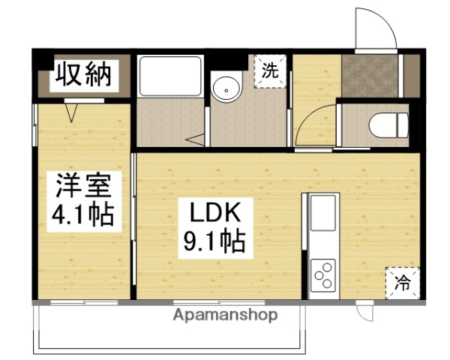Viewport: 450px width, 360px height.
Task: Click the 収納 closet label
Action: [x=82, y=75]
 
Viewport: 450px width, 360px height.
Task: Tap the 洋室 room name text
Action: [x=82, y=185]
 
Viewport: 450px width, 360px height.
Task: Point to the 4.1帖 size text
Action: [x=82, y=215]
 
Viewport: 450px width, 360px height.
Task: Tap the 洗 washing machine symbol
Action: [x=269, y=72]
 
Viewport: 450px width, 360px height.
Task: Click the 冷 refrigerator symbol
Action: [x=402, y=283]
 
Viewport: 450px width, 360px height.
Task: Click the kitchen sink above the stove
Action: [x=324, y=213]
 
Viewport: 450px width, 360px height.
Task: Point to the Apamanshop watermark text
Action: [x=225, y=315]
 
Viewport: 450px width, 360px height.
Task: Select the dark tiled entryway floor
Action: [x=372, y=75]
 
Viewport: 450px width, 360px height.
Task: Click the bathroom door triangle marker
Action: [x=197, y=139]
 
